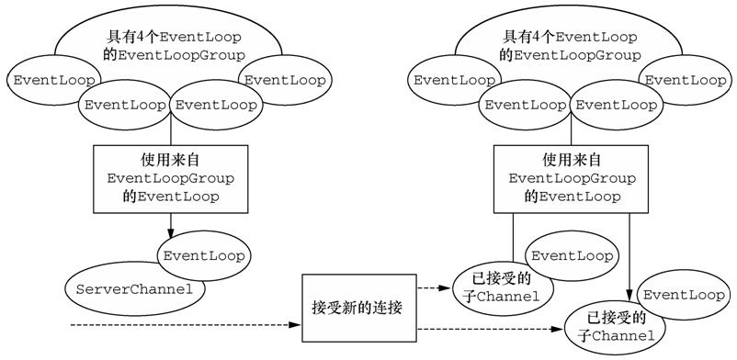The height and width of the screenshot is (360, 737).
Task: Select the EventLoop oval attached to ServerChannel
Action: pos(203,255)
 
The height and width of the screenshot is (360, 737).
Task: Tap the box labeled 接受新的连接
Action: pos(358,303)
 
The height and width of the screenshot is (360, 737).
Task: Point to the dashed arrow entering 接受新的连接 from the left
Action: pos(184,325)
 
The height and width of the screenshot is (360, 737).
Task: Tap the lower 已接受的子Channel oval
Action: pos(614,329)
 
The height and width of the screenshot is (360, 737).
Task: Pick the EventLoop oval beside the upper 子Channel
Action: pos(569,255)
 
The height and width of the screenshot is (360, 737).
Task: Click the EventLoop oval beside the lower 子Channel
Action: pos(684,295)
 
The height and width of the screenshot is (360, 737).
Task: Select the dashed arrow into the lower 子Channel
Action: pos(487,329)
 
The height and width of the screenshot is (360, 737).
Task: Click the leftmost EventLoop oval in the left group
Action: pos(46,80)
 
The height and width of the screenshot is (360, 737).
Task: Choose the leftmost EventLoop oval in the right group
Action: pos(453,80)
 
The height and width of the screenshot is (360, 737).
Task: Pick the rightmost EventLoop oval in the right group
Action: pos(685,80)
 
